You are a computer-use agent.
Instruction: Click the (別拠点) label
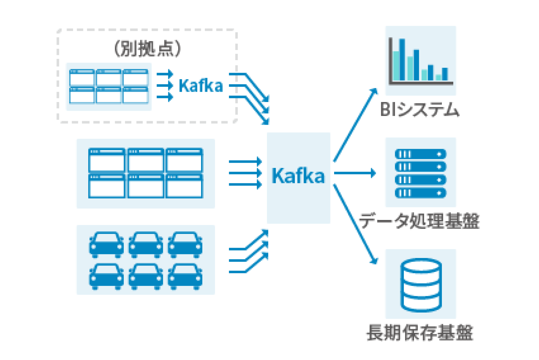pos(147,49)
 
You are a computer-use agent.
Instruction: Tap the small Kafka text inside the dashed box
pos(201,86)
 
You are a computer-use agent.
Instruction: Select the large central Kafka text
pos(298,176)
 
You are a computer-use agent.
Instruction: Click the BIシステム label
pos(420,109)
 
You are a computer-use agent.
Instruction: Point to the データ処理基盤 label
pos(420,221)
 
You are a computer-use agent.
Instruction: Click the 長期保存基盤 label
pos(420,333)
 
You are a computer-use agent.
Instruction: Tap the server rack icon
pos(420,173)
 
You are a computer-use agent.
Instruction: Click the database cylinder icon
pos(421,285)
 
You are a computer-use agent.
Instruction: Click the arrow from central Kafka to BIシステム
pos(356,125)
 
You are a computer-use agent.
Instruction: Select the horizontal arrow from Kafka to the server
pos(355,173)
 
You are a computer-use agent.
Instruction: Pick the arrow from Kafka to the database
pos(356,224)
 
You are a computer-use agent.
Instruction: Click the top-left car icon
pos(107,244)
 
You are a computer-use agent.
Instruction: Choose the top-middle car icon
pos(146,244)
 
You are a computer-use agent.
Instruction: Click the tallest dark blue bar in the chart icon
pos(402,59)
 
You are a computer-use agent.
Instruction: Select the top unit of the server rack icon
pos(420,154)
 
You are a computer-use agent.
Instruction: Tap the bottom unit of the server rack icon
pos(420,193)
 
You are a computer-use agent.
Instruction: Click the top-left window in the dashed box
pos(82,78)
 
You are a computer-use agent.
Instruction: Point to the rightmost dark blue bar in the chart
pos(445,74)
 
